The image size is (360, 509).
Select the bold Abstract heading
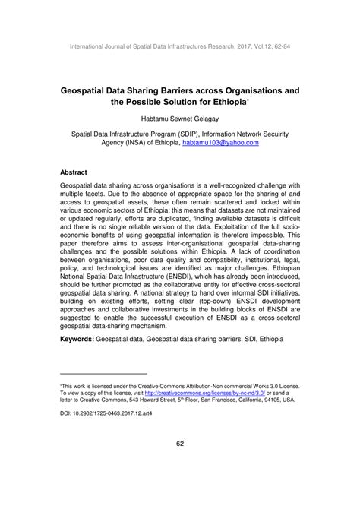click(x=74, y=172)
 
